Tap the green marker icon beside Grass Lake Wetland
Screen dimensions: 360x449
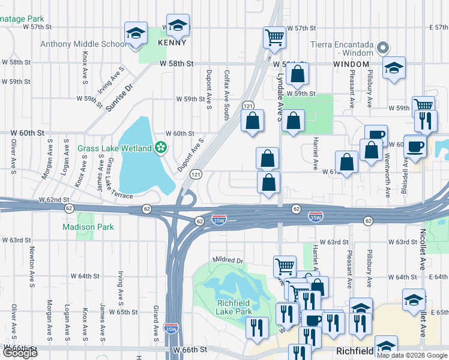pyautogui.click(x=160, y=147)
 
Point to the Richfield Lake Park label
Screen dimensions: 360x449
pyautogui.click(x=234, y=307)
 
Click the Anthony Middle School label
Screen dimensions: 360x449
pyautogui.click(x=82, y=44)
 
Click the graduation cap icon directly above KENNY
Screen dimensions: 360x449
pyautogui.click(x=178, y=25)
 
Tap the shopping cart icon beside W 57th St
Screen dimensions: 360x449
pyautogui.click(x=274, y=37)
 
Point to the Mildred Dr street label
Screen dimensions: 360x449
pyautogui.click(x=228, y=261)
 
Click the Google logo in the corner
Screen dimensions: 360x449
pyautogui.click(x=20, y=353)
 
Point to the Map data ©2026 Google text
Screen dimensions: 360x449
pyautogui.click(x=412, y=355)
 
